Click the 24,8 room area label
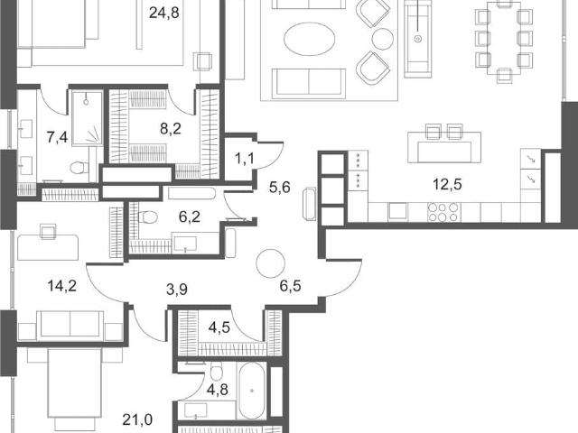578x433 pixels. click(x=164, y=13)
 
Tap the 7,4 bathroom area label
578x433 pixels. click(x=57, y=138)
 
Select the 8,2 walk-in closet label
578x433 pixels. click(x=171, y=129)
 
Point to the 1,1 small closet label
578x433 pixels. click(x=244, y=159)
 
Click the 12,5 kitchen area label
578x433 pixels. click(x=447, y=184)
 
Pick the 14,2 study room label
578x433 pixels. click(x=62, y=285)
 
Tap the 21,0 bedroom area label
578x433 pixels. click(x=137, y=419)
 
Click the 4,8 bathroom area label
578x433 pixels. click(x=217, y=390)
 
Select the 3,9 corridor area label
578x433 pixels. click(x=177, y=290)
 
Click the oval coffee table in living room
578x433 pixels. click(x=310, y=39)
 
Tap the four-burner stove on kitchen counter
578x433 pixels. click(x=443, y=213)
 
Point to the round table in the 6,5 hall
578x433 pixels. click(x=271, y=263)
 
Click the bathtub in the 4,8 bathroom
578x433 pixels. click(x=252, y=391)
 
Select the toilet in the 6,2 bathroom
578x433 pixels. click(x=148, y=216)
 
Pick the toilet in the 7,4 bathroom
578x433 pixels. click(x=79, y=168)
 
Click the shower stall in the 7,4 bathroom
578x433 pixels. click(x=87, y=118)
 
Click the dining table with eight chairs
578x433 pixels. click(x=504, y=39)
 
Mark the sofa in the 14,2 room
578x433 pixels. click(x=70, y=325)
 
